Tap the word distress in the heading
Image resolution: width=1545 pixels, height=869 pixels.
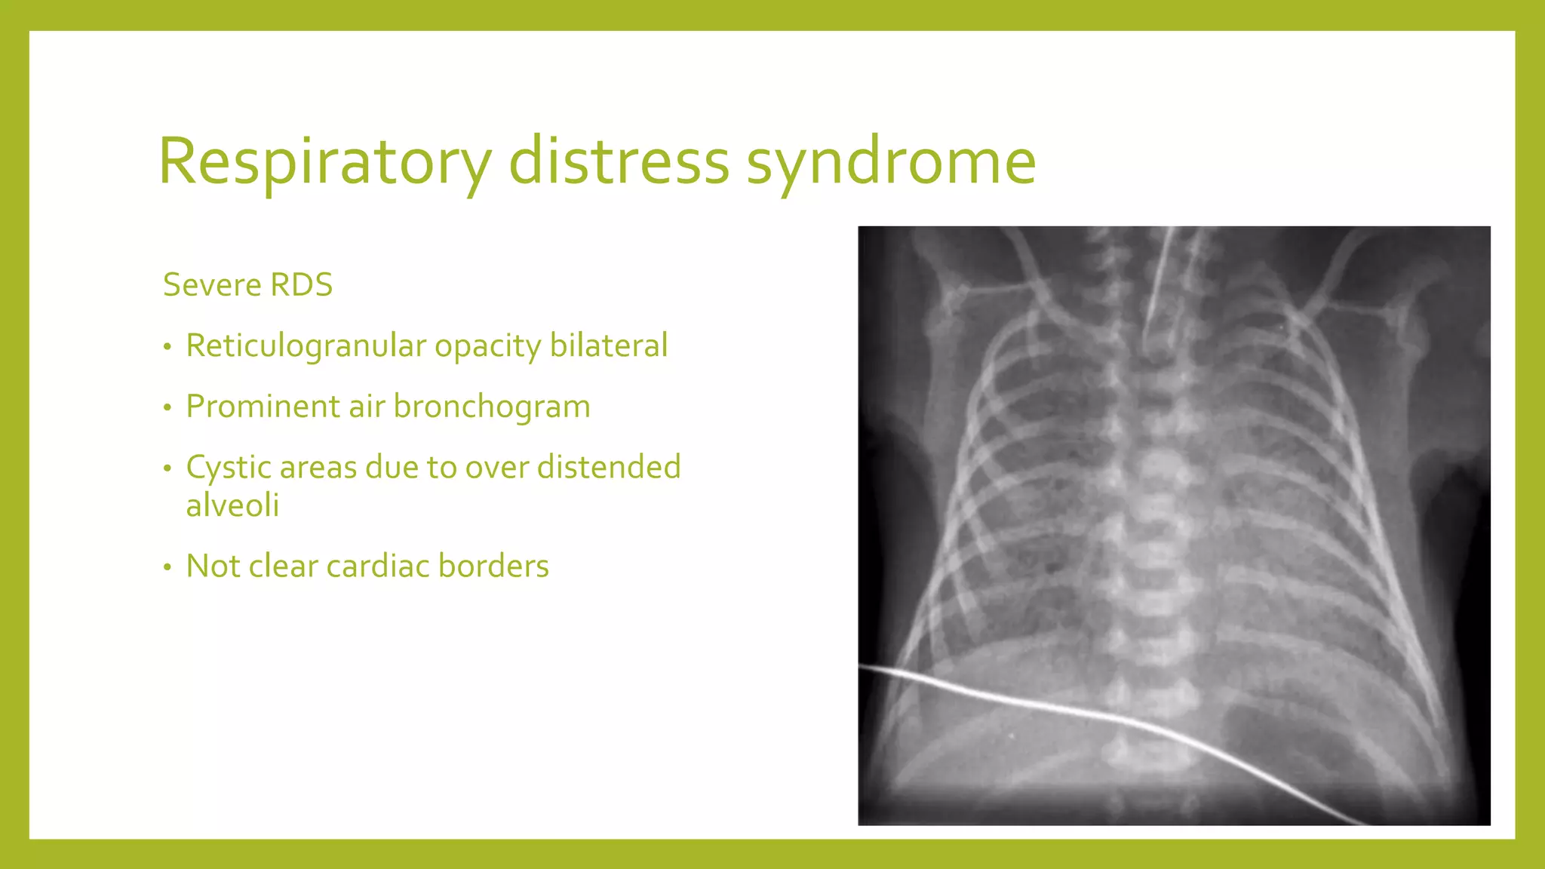click(x=619, y=161)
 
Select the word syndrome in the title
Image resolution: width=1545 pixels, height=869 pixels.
click(x=891, y=161)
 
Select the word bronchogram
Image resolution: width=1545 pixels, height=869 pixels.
click(x=492, y=407)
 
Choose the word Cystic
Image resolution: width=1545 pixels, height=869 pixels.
click(x=229, y=468)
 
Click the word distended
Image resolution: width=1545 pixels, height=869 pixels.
click(x=609, y=468)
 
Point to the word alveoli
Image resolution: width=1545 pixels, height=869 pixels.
click(x=232, y=505)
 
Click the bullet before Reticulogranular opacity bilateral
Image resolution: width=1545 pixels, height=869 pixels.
click(x=167, y=348)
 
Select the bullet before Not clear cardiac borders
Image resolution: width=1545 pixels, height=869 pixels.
click(x=167, y=568)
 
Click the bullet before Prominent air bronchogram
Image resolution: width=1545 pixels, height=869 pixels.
click(x=167, y=409)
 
